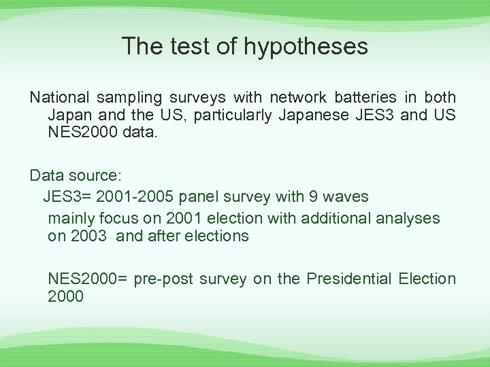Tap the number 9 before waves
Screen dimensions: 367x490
click(314, 197)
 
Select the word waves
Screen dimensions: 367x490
click(346, 197)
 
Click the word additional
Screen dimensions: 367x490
click(325, 219)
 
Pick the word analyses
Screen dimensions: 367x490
click(410, 219)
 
